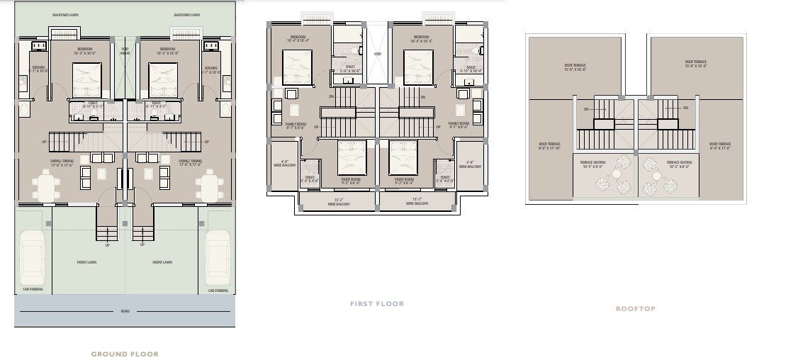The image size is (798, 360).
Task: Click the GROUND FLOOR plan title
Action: click(125, 354)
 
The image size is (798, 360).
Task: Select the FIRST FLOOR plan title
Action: click(377, 304)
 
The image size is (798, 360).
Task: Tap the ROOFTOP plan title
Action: click(635, 309)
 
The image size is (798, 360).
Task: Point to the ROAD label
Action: click(125, 311)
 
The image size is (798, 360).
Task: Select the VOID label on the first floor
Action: click(377, 53)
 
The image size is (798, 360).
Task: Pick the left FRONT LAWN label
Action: click(86, 262)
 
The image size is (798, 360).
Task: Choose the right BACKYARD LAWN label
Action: click(186, 15)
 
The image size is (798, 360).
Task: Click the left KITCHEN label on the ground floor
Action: click(38, 69)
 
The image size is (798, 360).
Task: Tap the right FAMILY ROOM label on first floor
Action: click(459, 125)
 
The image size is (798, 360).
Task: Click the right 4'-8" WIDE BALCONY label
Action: click(469, 164)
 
